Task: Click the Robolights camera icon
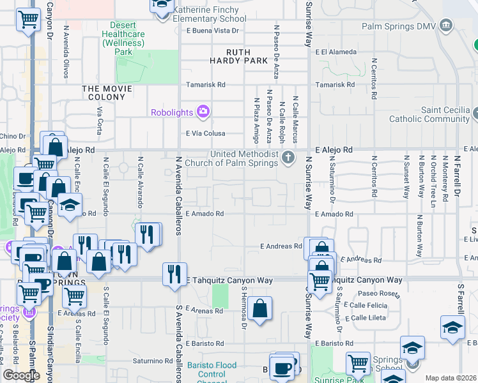(203, 112)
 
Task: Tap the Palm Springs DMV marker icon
(445, 26)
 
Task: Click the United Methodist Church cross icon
(289, 157)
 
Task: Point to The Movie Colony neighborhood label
(107, 93)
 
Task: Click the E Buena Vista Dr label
(213, 31)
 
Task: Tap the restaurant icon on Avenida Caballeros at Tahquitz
(174, 274)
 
